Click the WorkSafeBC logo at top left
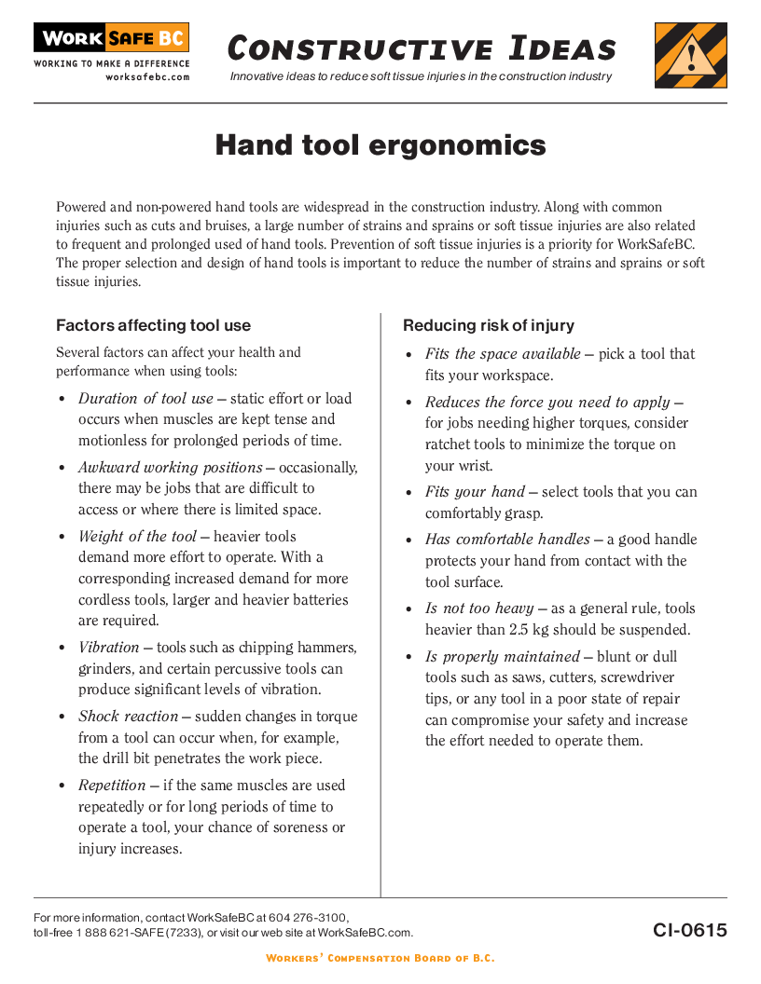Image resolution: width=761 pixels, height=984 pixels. click(111, 39)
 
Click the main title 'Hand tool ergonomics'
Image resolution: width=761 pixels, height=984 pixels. click(380, 145)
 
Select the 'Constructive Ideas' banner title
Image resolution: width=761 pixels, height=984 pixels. click(422, 48)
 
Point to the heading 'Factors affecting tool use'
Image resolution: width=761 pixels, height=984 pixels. click(153, 325)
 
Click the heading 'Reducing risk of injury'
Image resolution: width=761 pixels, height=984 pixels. click(489, 325)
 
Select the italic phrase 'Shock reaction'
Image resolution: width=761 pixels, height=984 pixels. click(128, 717)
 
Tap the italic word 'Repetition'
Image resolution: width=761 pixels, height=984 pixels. click(112, 786)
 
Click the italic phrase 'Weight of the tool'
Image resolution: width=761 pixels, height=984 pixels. click(137, 537)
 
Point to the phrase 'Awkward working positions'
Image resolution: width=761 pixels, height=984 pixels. click(170, 468)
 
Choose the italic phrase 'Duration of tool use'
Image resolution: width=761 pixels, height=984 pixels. click(145, 399)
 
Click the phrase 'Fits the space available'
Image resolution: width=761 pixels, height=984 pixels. click(503, 354)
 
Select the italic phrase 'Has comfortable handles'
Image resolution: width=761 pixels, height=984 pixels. click(507, 540)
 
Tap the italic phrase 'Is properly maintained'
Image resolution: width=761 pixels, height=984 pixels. click(503, 657)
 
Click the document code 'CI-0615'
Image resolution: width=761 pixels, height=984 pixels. click(689, 930)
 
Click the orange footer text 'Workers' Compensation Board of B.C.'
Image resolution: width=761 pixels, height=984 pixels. click(380, 958)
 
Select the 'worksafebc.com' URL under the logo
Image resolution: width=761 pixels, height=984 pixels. click(147, 77)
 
